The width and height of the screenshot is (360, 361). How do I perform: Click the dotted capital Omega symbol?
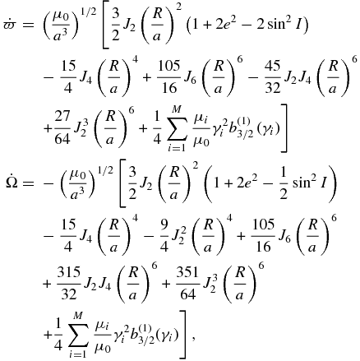[x=12, y=181]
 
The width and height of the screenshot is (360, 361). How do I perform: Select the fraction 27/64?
[x=62, y=127]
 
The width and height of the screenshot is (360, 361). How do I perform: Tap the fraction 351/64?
[x=187, y=284]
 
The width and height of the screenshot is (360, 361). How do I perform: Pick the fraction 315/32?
[x=68, y=284]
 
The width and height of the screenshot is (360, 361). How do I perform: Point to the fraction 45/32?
[x=273, y=77]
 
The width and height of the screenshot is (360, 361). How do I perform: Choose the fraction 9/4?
[x=164, y=236]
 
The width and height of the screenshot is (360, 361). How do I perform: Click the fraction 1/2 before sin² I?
[x=284, y=183]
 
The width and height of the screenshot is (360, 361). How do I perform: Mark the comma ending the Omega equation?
[x=194, y=339]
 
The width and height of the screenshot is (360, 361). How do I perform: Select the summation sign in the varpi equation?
[x=177, y=128]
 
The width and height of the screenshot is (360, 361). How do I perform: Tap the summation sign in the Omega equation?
[x=78, y=335]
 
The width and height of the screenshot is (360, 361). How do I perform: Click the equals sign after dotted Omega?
[x=29, y=183]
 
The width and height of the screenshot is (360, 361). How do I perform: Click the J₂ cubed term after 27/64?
[x=80, y=129]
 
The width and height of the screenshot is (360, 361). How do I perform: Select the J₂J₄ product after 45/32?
[x=298, y=78]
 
